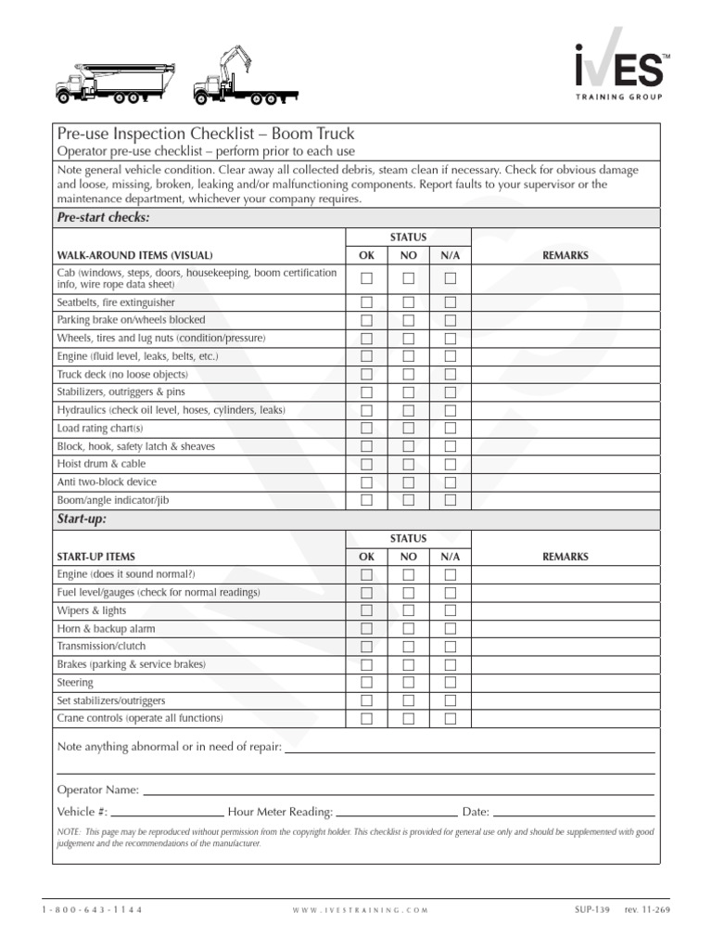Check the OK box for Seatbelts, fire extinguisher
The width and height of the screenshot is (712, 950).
(367, 302)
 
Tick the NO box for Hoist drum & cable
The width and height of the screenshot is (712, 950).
(408, 464)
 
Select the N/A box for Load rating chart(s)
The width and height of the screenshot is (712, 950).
(451, 428)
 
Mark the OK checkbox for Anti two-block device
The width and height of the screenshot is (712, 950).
(367, 481)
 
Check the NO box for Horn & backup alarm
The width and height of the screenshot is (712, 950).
(408, 628)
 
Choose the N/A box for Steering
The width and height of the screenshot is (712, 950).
(451, 682)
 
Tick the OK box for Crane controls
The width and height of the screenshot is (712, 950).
(367, 718)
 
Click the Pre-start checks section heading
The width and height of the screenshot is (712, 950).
(103, 217)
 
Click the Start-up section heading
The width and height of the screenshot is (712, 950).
(82, 520)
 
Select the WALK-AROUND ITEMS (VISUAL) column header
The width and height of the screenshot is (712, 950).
(135, 255)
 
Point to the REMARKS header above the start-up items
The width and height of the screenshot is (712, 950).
(565, 557)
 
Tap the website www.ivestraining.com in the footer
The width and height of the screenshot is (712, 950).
(360, 910)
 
